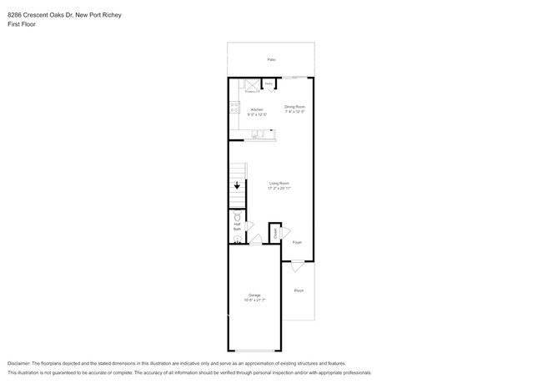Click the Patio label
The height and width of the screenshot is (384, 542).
click(x=271, y=60)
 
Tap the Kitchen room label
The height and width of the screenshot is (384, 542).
click(x=257, y=112)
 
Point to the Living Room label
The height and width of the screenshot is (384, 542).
click(x=279, y=185)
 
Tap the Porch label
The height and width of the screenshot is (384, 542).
click(x=299, y=291)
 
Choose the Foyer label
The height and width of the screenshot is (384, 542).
click(x=297, y=242)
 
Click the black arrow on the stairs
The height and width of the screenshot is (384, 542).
click(x=238, y=186)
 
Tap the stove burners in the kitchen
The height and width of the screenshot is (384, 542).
click(x=233, y=108)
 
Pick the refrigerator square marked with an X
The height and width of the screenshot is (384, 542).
click(x=250, y=85)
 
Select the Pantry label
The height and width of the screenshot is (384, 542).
click(x=269, y=83)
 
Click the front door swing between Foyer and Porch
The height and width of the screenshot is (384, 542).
click(x=297, y=266)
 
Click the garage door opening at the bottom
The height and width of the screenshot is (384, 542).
click(x=254, y=351)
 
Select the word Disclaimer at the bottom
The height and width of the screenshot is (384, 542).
click(x=18, y=364)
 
